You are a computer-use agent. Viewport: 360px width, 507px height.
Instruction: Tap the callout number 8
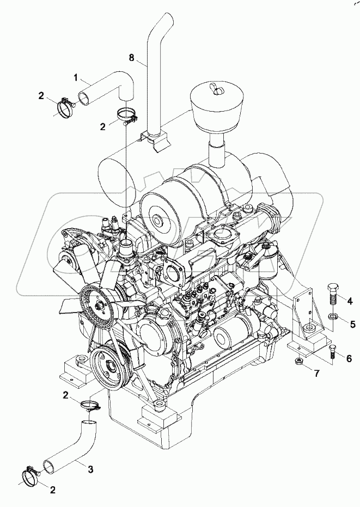pyautogui.click(x=131, y=57)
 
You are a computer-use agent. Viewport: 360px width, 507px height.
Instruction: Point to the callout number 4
pyautogui.click(x=350, y=300)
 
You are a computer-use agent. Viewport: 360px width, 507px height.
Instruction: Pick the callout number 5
pyautogui.click(x=352, y=324)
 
